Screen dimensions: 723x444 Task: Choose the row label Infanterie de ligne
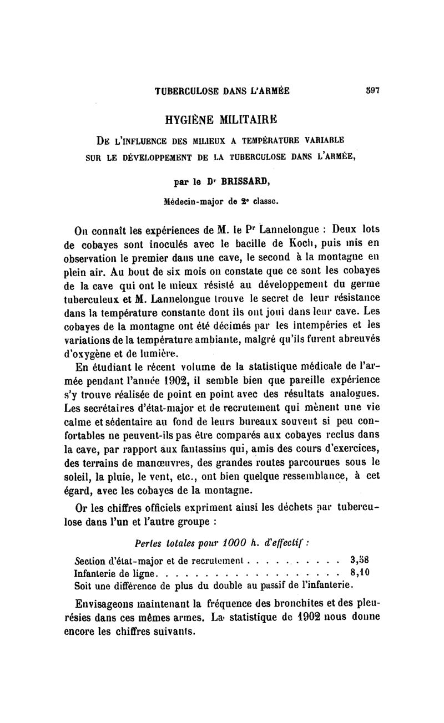point(116,572)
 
